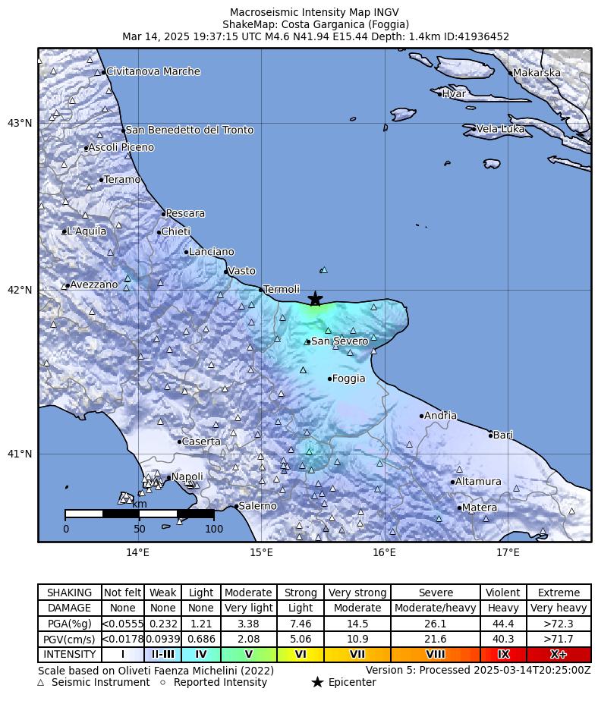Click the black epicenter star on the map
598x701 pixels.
[x=316, y=300]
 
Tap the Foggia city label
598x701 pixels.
[x=348, y=379]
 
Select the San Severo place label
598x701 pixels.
[x=339, y=341]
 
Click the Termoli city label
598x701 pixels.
[x=281, y=290]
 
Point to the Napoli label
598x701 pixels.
[x=187, y=477]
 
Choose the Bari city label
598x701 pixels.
[x=502, y=435]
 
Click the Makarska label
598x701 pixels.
[x=537, y=73]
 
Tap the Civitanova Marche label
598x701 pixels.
[x=153, y=71]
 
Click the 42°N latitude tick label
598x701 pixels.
[x=20, y=290]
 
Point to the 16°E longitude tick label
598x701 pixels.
[x=384, y=552]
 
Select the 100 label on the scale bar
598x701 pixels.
[x=213, y=529]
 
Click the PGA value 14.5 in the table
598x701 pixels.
[x=357, y=624]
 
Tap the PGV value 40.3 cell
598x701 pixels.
[x=502, y=639]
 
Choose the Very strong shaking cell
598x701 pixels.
[x=357, y=593]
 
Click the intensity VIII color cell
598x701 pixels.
[x=436, y=654]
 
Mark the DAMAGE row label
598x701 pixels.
[x=70, y=608]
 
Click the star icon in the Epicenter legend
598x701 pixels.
[x=317, y=683]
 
